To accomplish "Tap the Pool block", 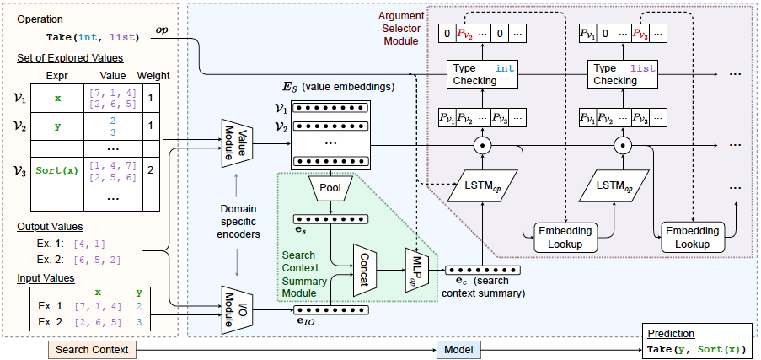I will point(330,187).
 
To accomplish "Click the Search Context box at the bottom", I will point(92,348).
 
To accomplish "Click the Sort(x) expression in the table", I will point(57,169).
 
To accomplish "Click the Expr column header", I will point(57,74).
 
